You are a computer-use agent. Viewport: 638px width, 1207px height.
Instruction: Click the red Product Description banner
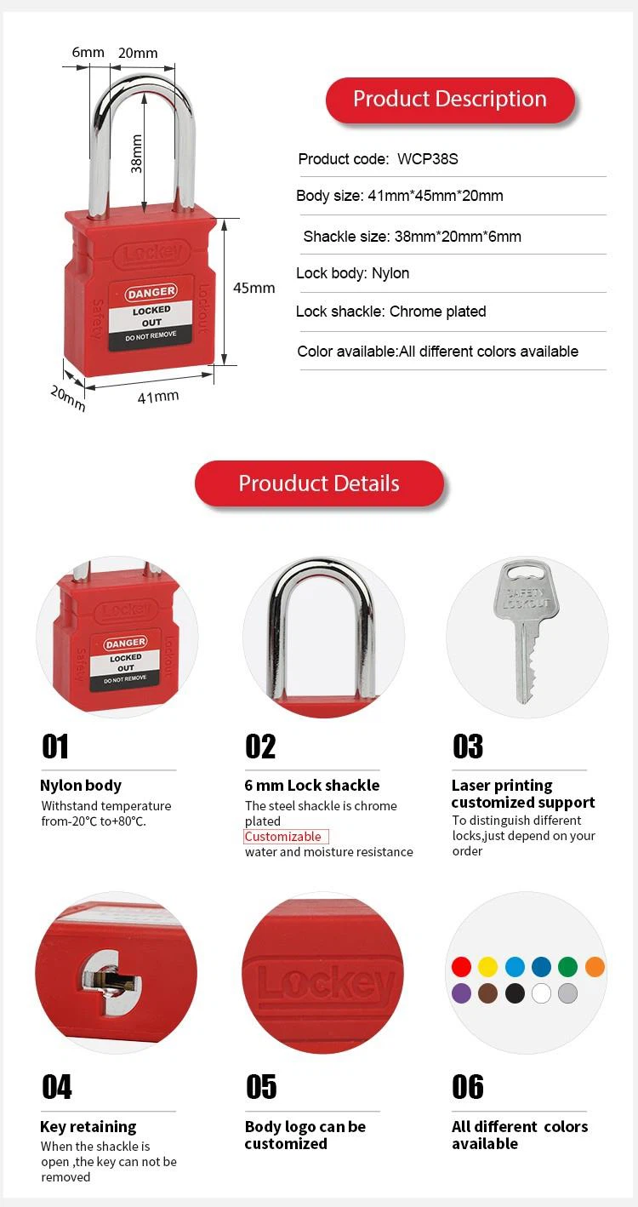(x=449, y=100)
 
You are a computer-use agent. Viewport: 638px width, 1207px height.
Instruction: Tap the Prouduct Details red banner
(x=319, y=483)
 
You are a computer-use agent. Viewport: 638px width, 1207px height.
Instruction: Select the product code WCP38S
(x=428, y=159)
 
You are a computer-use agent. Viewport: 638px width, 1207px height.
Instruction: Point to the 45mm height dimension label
(x=254, y=288)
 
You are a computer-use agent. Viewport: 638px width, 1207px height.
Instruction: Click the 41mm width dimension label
(x=158, y=395)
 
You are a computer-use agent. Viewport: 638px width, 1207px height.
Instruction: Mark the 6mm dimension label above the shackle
(x=88, y=52)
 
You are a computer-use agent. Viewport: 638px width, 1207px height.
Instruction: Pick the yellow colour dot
(x=487, y=966)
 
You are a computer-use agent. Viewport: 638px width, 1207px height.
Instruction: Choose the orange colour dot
(x=595, y=966)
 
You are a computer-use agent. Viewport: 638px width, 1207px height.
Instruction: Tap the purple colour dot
(x=461, y=992)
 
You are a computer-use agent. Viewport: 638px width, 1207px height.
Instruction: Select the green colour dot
(x=567, y=966)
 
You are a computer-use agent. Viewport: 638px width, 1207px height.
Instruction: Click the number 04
(x=57, y=1087)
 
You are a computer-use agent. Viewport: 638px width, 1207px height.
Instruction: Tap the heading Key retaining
(x=88, y=1127)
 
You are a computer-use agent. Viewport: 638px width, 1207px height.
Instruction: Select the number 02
(x=260, y=747)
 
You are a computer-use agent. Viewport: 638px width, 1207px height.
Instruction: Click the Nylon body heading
(x=81, y=786)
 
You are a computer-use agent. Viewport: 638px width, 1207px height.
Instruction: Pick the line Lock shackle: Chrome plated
(x=390, y=312)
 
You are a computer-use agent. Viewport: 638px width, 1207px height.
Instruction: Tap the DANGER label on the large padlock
(x=151, y=294)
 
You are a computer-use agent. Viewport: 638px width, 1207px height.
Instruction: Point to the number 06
(x=467, y=1087)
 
